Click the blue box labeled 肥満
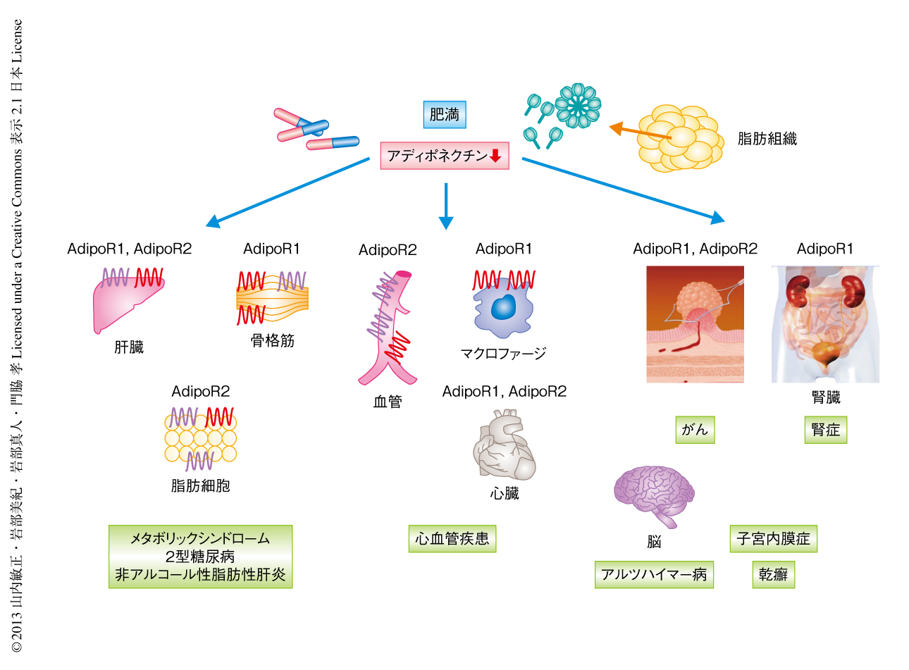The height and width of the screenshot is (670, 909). click(x=445, y=115)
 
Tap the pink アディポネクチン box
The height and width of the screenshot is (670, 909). click(x=444, y=156)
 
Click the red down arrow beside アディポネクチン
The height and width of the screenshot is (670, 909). click(x=495, y=156)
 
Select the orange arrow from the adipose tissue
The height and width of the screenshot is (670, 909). click(x=640, y=132)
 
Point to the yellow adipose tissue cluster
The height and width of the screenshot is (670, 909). click(x=679, y=139)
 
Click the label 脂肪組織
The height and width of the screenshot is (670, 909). click(x=767, y=139)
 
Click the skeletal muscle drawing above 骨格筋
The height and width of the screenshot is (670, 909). click(x=273, y=299)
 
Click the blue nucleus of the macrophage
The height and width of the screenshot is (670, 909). click(x=503, y=307)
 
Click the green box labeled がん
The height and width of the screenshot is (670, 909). click(x=695, y=430)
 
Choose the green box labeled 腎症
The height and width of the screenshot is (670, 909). click(x=825, y=430)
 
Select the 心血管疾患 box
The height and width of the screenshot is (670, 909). click(x=452, y=539)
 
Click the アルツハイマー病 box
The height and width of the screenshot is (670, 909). click(x=654, y=574)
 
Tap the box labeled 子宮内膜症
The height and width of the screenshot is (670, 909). click(x=773, y=539)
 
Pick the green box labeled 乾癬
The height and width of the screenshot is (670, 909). click(x=773, y=574)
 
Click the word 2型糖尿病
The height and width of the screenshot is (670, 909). click(x=200, y=557)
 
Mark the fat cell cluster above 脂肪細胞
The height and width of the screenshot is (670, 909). click(x=200, y=438)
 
